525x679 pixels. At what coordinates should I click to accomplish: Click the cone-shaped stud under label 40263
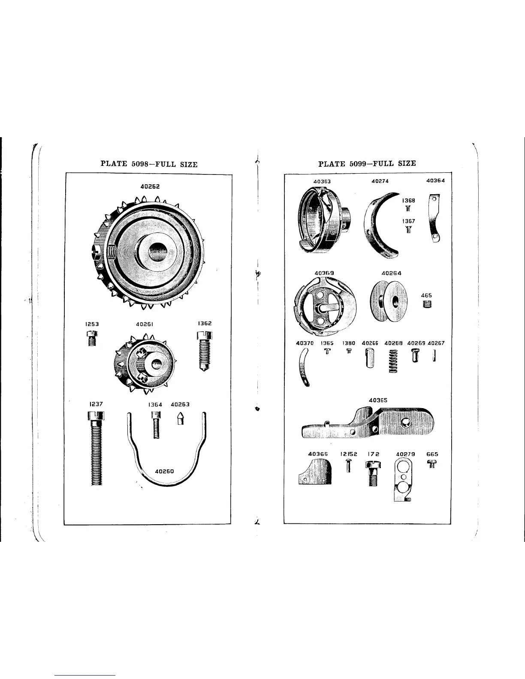(x=181, y=418)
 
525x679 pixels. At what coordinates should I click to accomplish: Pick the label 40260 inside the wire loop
(x=164, y=471)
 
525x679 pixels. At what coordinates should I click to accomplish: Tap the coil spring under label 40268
(x=393, y=361)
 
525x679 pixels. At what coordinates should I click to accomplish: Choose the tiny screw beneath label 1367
(x=408, y=229)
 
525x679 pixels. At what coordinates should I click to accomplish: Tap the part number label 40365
(x=378, y=400)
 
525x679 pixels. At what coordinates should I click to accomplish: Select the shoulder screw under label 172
(x=373, y=472)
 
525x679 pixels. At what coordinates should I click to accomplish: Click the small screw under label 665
(x=432, y=463)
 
